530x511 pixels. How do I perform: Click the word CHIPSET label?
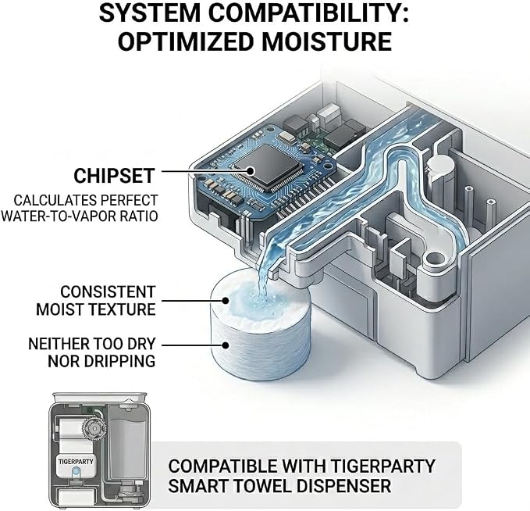(114, 176)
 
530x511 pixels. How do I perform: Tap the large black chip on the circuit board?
(268, 167)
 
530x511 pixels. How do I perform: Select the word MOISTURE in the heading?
(326, 41)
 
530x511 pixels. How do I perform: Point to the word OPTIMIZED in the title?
(186, 41)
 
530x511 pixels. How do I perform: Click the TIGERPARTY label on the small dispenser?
(76, 462)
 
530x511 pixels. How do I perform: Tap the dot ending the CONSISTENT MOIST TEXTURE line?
(225, 301)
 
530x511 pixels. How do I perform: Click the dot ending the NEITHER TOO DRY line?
(225, 345)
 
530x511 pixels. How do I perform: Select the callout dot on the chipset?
(250, 171)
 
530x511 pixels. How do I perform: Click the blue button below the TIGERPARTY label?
(76, 470)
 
